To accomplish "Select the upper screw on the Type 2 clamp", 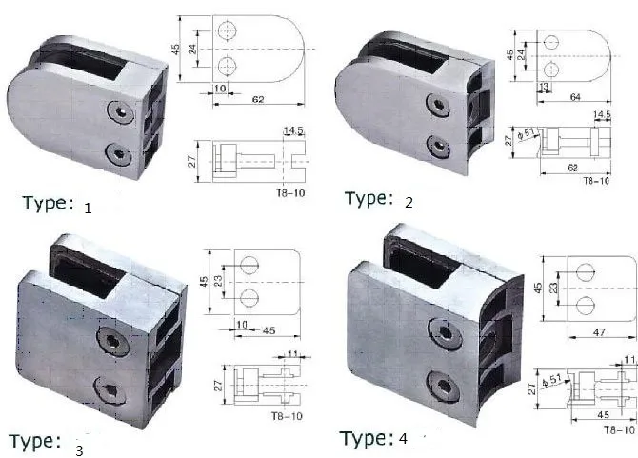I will click(x=440, y=104).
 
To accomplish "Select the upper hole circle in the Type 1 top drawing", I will click(x=228, y=31).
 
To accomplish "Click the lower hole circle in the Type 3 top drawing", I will click(x=249, y=299).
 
